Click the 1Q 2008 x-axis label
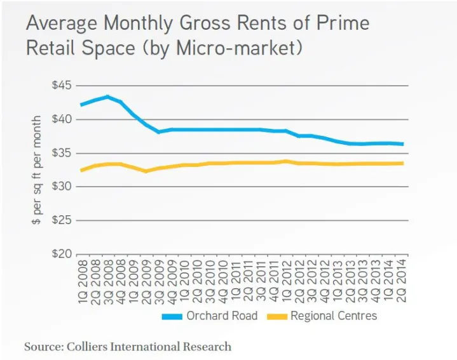83,279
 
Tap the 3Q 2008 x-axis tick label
108,279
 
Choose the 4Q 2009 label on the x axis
172,279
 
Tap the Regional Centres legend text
334,316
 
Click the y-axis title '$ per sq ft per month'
38,170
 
